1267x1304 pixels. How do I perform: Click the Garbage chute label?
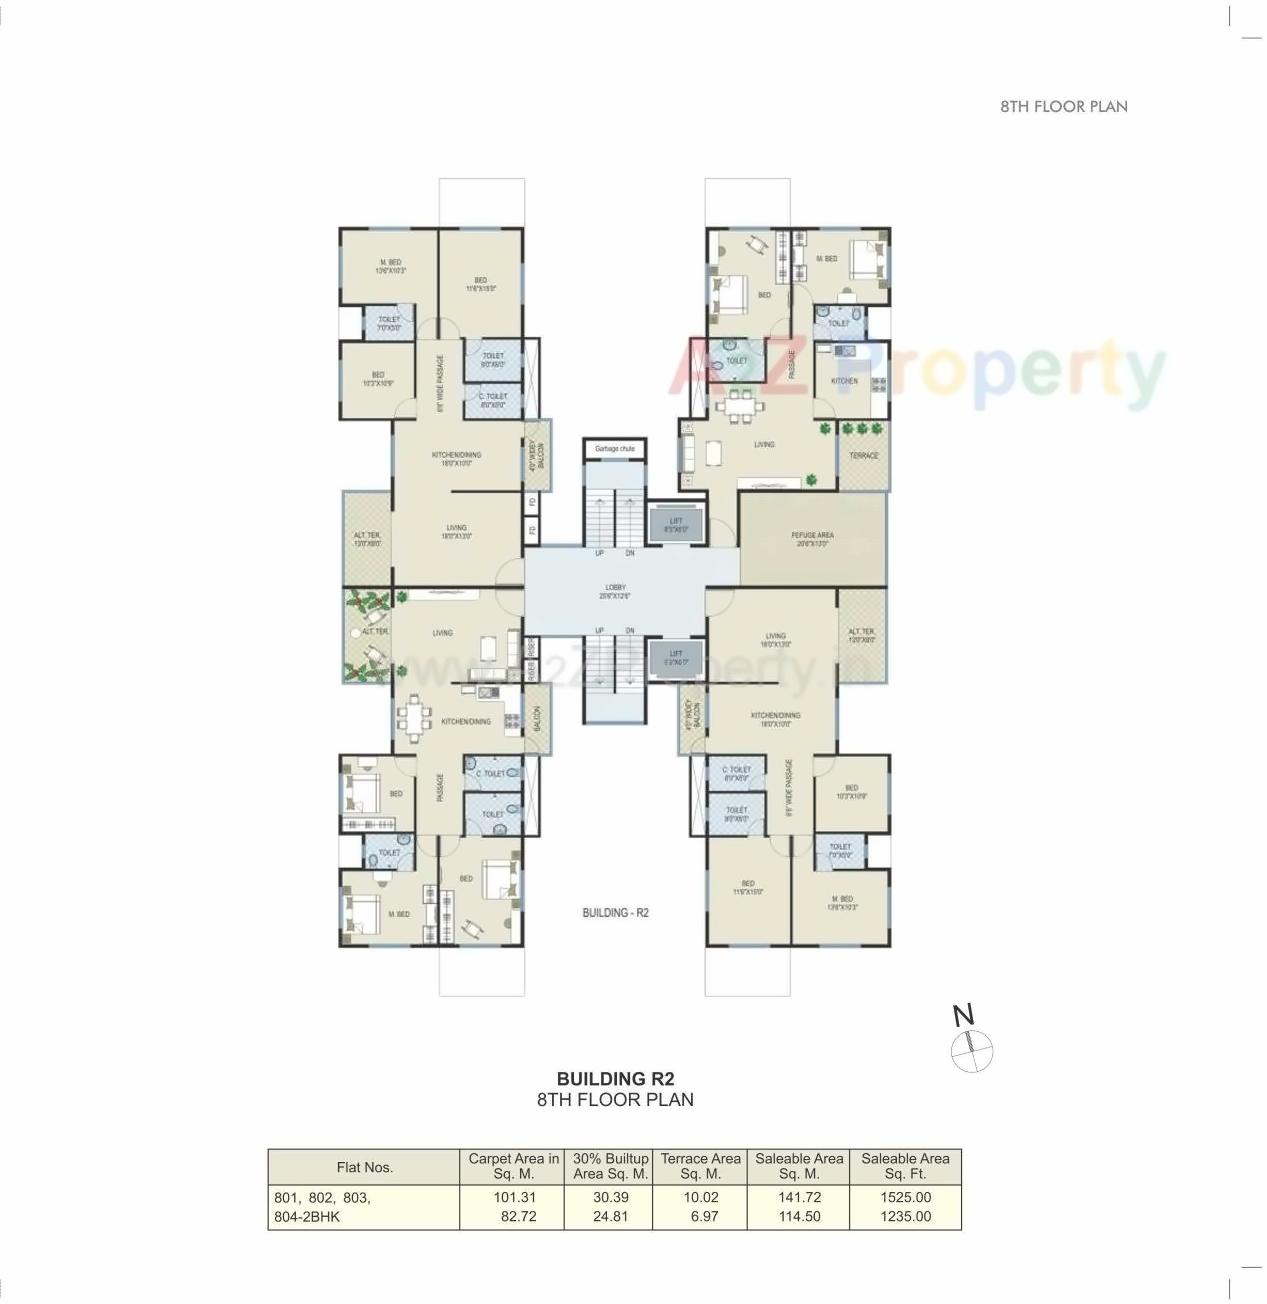point(615,449)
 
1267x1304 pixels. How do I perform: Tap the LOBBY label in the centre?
point(615,592)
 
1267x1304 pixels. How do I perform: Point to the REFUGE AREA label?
point(812,539)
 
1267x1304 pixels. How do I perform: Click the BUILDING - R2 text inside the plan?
point(615,913)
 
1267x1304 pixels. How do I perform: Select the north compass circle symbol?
point(971,1051)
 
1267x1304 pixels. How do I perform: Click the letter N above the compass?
point(963,1016)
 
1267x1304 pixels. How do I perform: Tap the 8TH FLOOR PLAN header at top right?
point(1064,107)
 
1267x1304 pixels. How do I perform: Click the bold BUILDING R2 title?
point(615,1079)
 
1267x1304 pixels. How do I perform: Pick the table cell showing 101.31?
point(515,1197)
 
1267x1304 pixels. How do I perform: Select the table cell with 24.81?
point(610,1217)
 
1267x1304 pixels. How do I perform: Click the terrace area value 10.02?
point(700,1197)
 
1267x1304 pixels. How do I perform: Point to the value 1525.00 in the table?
point(905,1197)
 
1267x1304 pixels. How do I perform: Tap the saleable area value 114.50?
point(799,1217)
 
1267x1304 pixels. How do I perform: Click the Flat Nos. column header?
point(365,1167)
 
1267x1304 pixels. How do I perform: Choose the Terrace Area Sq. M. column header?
point(700,1166)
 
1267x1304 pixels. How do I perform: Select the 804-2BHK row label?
point(307,1217)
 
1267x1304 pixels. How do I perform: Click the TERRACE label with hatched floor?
point(864,456)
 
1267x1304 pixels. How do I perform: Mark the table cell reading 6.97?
point(704,1217)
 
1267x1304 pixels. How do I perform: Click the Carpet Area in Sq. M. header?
point(513,1166)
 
